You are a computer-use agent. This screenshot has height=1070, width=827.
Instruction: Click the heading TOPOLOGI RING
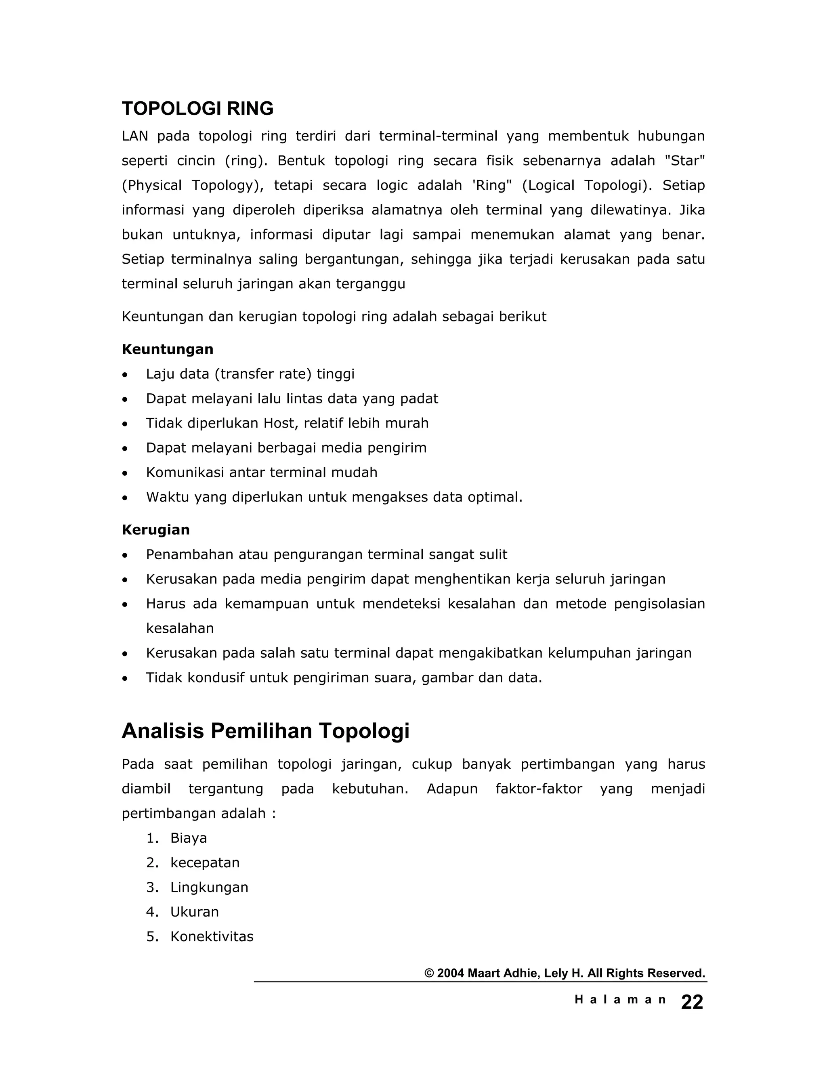pos(197,109)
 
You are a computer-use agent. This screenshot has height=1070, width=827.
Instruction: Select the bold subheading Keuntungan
pos(167,349)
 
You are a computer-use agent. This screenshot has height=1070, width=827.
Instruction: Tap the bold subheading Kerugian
pos(155,530)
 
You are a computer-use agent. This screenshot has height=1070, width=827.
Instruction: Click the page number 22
pos(692,1003)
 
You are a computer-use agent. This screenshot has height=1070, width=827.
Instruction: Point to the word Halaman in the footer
pos(620,1000)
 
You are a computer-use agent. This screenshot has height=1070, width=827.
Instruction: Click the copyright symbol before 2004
pos(429,973)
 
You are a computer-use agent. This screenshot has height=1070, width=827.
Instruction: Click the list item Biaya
pos(189,838)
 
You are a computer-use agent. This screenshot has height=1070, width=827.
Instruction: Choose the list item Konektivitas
pos(212,937)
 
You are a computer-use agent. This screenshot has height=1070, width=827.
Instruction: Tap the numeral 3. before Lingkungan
pos(152,887)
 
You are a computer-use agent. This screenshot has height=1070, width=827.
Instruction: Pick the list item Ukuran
pos(195,912)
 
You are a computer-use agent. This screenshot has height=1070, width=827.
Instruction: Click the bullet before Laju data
pos(126,375)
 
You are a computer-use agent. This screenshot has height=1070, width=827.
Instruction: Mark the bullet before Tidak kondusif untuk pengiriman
pos(126,679)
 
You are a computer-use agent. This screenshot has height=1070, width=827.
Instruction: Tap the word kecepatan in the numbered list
pos(205,863)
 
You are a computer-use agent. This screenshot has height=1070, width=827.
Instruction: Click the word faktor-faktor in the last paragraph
pos(538,789)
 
